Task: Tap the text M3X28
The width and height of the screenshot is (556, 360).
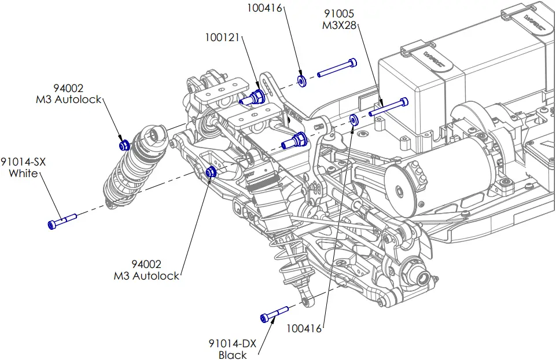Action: pos(340,25)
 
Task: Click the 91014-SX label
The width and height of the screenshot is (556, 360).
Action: pos(23,162)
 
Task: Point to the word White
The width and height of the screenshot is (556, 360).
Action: pos(23,174)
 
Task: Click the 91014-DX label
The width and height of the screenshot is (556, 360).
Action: pos(233,343)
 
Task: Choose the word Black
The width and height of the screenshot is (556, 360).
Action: pos(233,355)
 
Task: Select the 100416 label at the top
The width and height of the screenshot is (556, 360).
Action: pos(265,8)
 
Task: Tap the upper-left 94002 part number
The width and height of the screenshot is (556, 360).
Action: pos(68,89)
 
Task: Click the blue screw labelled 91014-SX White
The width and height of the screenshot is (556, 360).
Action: pos(61,221)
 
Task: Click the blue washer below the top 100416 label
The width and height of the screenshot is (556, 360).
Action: pos(302,80)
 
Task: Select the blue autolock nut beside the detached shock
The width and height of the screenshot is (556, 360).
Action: pos(123,144)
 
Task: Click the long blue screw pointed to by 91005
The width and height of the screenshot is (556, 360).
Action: pos(389,106)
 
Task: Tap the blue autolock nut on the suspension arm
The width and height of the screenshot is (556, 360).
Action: pos(212,171)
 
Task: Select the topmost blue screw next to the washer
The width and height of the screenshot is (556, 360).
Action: pos(337,67)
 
